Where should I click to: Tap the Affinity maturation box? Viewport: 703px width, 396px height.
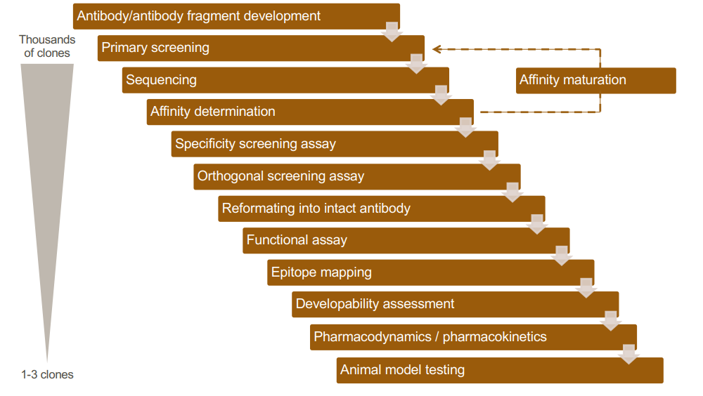(x=596, y=80)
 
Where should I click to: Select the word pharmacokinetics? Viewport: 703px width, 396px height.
(x=494, y=337)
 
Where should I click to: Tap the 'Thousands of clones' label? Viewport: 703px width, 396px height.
(x=47, y=46)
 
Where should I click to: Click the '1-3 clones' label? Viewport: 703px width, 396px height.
(x=47, y=374)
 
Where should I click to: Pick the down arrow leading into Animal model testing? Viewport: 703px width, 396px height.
(x=629, y=354)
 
